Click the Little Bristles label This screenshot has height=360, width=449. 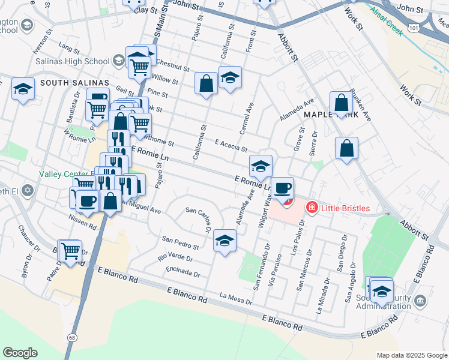345,208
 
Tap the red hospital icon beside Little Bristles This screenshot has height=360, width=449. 312,208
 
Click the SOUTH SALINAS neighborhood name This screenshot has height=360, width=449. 74,82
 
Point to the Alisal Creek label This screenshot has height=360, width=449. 386,21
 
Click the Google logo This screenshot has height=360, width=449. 20,353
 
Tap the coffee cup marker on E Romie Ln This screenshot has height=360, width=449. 283,188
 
